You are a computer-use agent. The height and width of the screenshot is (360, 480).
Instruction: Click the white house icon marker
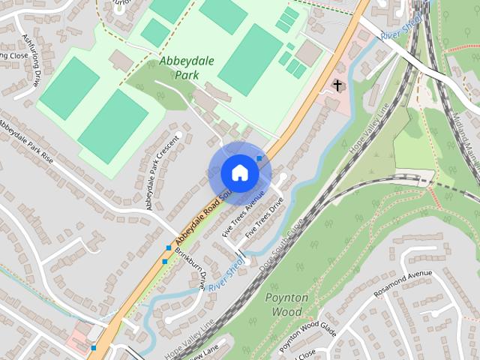[x=239, y=172]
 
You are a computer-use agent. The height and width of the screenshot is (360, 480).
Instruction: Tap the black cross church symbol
[x=337, y=85]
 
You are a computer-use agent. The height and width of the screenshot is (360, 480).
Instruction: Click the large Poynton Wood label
[x=286, y=304]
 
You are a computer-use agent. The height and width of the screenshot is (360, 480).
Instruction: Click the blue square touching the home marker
[x=259, y=158]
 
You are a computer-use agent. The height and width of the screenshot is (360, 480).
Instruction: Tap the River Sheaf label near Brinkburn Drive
[x=225, y=276]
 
